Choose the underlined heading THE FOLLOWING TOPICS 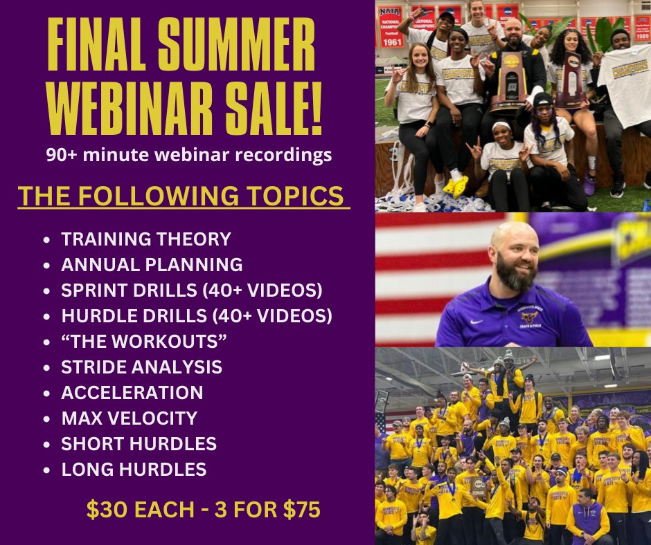pyautogui.click(x=183, y=196)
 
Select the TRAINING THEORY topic pyautogui.click(x=145, y=239)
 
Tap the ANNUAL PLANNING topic pyautogui.click(x=152, y=264)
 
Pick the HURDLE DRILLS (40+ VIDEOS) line pyautogui.click(x=197, y=315)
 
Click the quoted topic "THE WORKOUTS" pyautogui.click(x=144, y=341)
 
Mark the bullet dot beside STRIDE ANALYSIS pyautogui.click(x=46, y=367)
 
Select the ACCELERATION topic pyautogui.click(x=132, y=392)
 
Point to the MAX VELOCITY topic pyautogui.click(x=129, y=418)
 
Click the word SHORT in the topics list pyautogui.click(x=87, y=443)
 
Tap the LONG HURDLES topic pyautogui.click(x=134, y=469)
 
